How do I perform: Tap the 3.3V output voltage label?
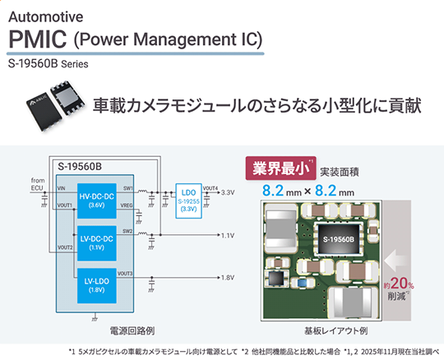point(229,192)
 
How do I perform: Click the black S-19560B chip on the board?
point(340,238)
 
